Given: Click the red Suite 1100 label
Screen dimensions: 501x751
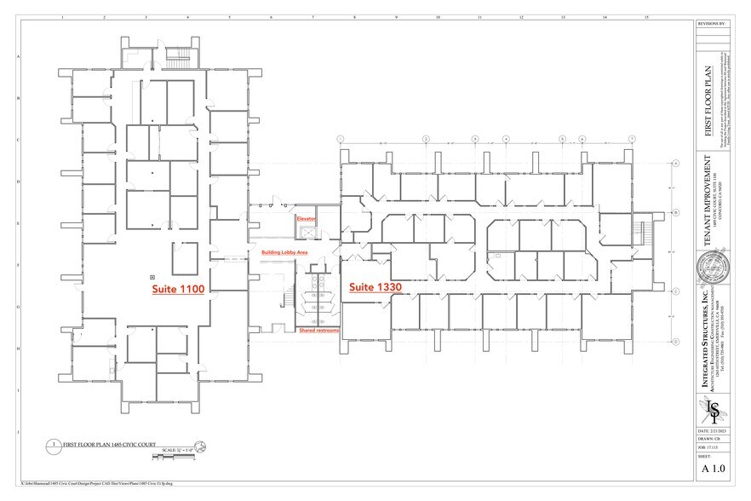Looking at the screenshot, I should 178,290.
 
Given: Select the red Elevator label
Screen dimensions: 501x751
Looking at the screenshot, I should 306,219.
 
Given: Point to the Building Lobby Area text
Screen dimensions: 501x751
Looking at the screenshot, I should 284,252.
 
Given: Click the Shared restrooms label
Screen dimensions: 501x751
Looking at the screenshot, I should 318,330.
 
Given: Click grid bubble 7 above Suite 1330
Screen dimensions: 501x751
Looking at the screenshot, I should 631,138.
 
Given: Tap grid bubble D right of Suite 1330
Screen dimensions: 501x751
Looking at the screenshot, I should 675,341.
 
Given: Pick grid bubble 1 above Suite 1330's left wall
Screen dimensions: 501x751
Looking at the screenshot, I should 340,138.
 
